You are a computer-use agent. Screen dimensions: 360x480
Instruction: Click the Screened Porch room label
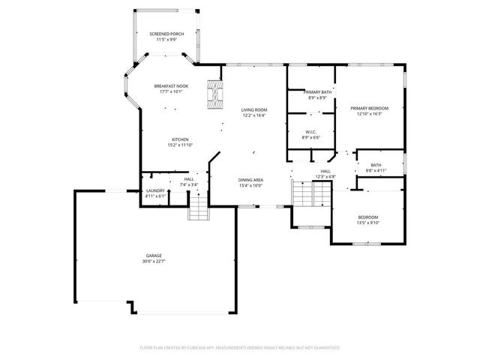[166, 34]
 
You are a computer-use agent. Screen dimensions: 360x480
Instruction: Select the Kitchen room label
[179, 139]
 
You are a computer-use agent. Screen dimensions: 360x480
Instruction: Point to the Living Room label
[254, 110]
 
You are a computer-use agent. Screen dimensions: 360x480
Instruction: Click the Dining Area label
[250, 180]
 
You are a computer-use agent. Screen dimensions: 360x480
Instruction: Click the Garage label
[153, 256]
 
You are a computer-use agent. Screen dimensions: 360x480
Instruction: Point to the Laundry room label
[155, 190]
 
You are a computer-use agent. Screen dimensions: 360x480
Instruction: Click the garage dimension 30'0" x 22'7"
[153, 261]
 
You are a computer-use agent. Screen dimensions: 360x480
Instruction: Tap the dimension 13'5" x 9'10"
[367, 222]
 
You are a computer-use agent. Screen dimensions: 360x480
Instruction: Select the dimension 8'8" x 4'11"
[376, 171]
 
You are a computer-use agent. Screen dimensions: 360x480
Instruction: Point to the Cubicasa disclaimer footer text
[240, 348]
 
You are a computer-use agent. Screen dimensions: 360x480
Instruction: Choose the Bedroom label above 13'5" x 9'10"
[367, 217]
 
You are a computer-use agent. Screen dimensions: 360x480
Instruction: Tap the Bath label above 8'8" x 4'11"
[376, 166]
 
